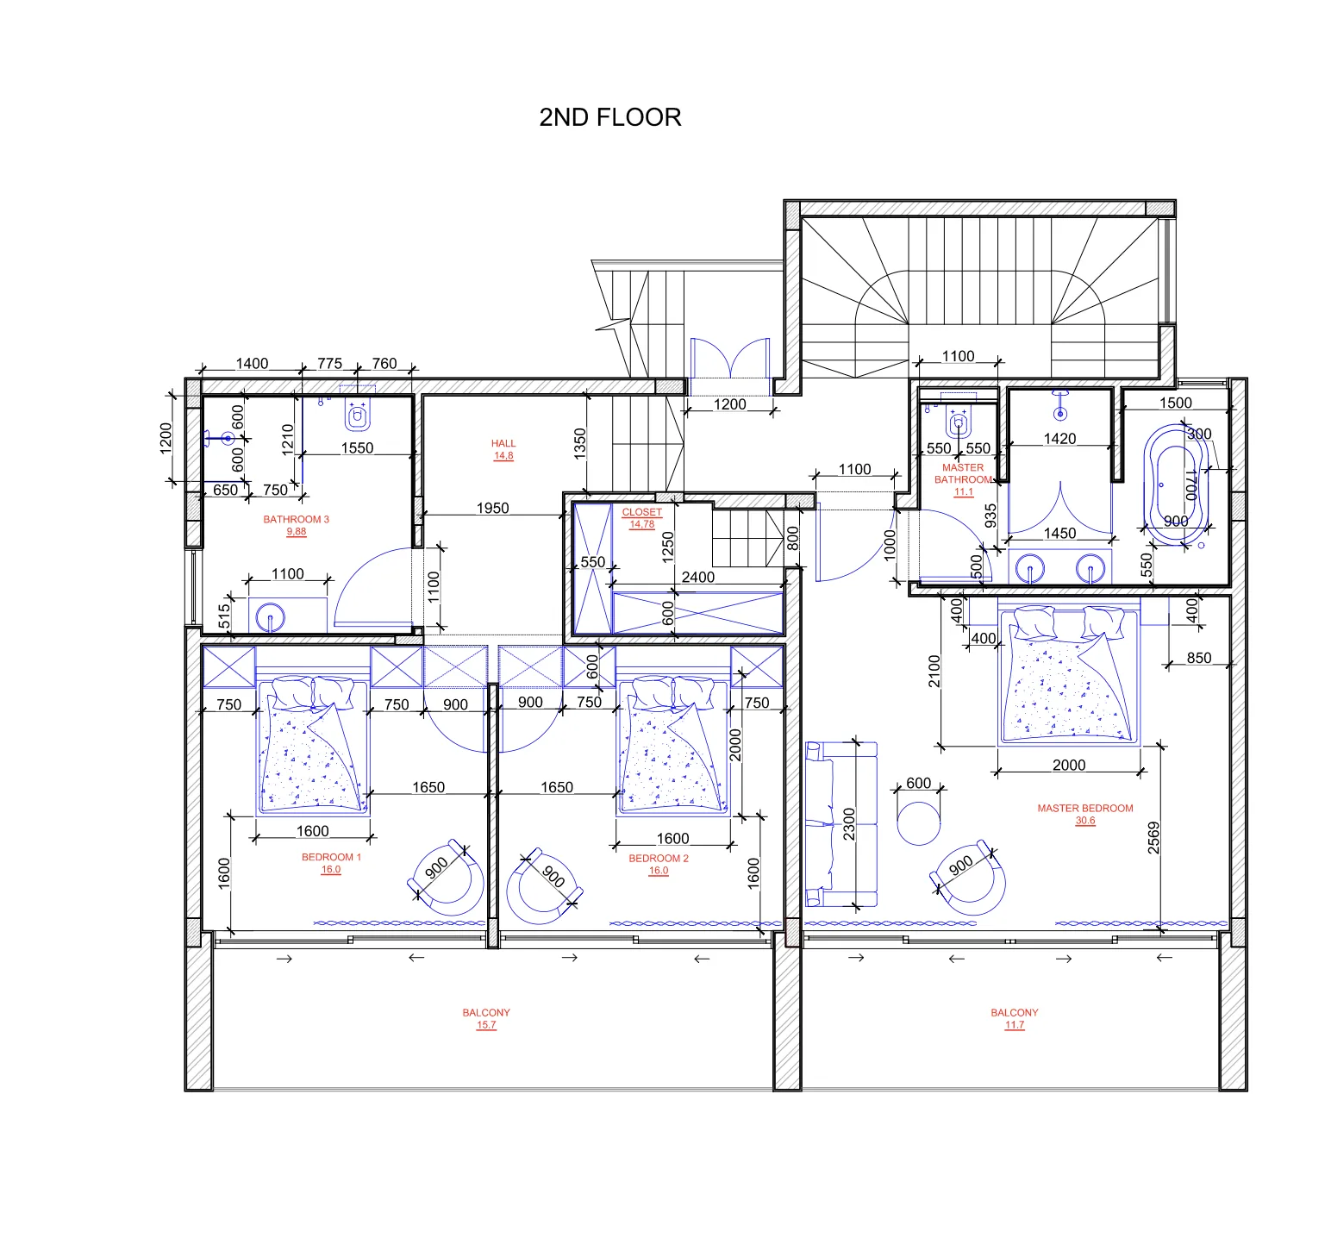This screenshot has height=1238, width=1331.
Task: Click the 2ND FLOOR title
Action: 609,117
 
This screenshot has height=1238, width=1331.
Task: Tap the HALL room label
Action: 503,443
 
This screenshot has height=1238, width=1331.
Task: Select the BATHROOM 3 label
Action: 296,519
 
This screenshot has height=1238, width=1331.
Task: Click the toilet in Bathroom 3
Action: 357,416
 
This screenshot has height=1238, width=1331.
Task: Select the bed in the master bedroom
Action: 1069,675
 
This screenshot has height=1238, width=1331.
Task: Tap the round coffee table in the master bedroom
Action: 919,823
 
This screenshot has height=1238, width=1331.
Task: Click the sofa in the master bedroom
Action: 840,825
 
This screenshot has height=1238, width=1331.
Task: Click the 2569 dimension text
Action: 1153,838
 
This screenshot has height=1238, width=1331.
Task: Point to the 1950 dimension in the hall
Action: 492,508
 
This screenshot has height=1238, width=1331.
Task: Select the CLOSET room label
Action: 642,511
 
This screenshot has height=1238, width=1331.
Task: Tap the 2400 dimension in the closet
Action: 698,577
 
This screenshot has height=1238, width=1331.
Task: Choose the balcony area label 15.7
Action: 486,1025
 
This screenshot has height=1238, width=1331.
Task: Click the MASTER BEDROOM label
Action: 1085,808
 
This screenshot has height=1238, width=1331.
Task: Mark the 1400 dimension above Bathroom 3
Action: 252,363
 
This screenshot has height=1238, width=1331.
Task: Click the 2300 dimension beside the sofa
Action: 849,824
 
